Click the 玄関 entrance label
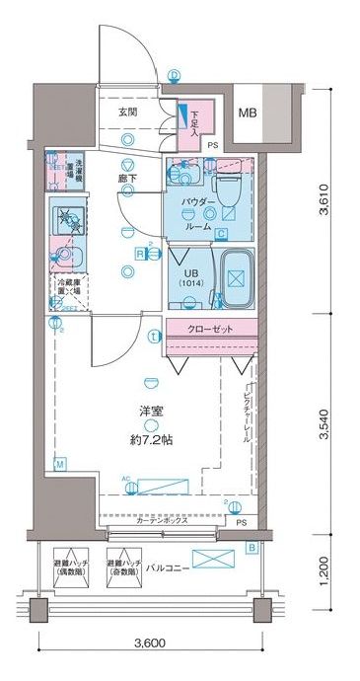tap(128, 113)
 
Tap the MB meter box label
tap(248, 113)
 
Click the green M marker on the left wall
tap(59, 463)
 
